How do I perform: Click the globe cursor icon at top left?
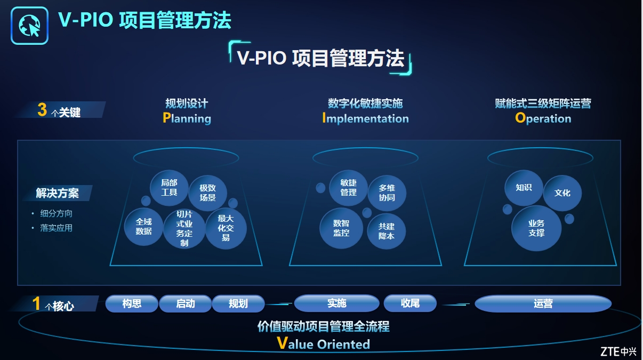click(x=29, y=26)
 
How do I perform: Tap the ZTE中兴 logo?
click(x=618, y=351)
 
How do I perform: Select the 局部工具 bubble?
click(x=169, y=188)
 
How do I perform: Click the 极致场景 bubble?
click(x=207, y=193)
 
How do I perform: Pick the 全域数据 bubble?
click(x=143, y=227)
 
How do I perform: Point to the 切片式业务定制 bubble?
click(x=184, y=228)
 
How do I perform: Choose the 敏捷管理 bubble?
click(x=349, y=188)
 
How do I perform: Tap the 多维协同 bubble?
click(x=387, y=193)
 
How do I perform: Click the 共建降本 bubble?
click(x=387, y=231)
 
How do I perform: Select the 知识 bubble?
click(x=524, y=188)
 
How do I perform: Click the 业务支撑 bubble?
click(x=536, y=228)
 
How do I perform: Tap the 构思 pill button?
click(x=132, y=303)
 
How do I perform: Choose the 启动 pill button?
click(x=186, y=303)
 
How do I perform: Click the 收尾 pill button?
click(x=410, y=303)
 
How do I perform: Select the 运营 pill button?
click(x=543, y=303)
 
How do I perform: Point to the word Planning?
click(x=187, y=118)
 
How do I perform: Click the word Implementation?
click(x=365, y=118)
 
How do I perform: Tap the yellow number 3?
click(x=42, y=110)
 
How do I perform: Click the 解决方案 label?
click(x=58, y=193)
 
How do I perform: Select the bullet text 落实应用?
click(x=57, y=228)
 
